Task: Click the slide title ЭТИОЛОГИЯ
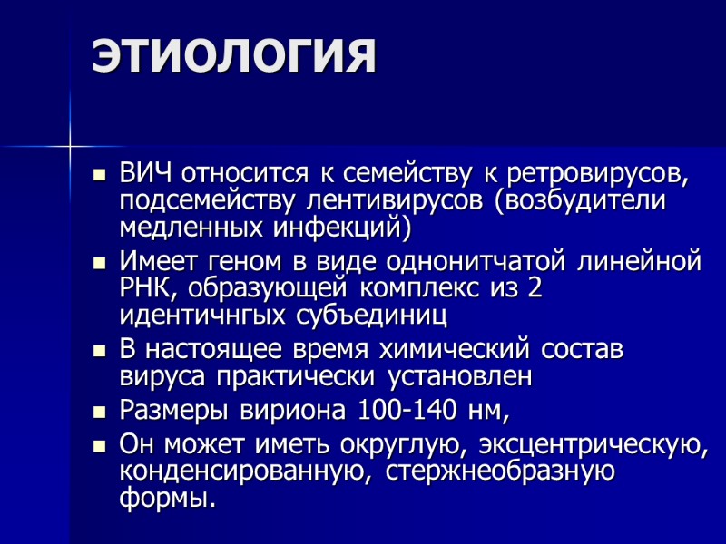pyautogui.click(x=233, y=56)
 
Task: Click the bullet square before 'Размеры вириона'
pyautogui.click(x=101, y=412)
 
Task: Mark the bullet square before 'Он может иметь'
pyautogui.click(x=101, y=446)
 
